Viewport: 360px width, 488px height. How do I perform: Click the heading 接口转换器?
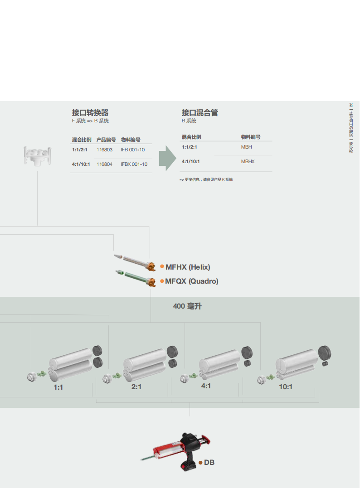click(x=90, y=113)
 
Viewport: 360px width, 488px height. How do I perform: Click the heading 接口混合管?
click(x=199, y=113)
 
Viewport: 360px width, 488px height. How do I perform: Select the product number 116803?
click(x=104, y=150)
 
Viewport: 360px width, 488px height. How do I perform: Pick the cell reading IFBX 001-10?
click(x=134, y=164)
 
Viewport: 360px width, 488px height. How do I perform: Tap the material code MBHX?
click(x=248, y=161)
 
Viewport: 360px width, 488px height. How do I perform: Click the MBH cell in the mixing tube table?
click(x=246, y=147)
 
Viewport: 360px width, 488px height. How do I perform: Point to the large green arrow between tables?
click(x=168, y=158)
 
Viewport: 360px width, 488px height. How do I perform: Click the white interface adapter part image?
click(x=37, y=156)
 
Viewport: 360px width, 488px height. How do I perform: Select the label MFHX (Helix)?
click(x=188, y=267)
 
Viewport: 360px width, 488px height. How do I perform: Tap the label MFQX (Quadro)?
click(x=191, y=281)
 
